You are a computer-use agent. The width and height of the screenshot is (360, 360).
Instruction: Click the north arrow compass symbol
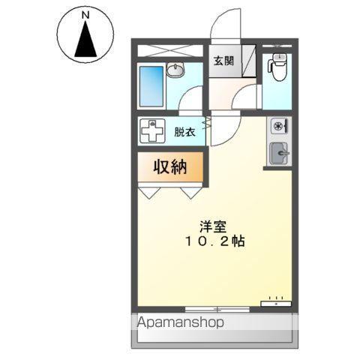[86, 38]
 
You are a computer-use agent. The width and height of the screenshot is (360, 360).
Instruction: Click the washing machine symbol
[152, 133]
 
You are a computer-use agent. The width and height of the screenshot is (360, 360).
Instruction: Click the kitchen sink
[280, 153]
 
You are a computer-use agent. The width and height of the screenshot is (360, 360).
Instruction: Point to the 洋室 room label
[211, 226]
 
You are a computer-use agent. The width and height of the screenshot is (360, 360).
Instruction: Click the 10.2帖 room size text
[211, 242]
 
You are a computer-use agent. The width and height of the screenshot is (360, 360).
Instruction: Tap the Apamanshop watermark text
[180, 324]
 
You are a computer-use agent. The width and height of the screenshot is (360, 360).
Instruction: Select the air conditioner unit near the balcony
[275, 303]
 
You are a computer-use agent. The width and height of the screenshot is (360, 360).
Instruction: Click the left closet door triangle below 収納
[148, 192]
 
